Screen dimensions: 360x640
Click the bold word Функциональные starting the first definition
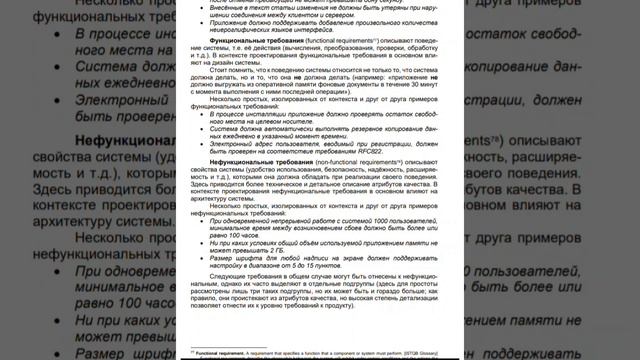237,59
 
